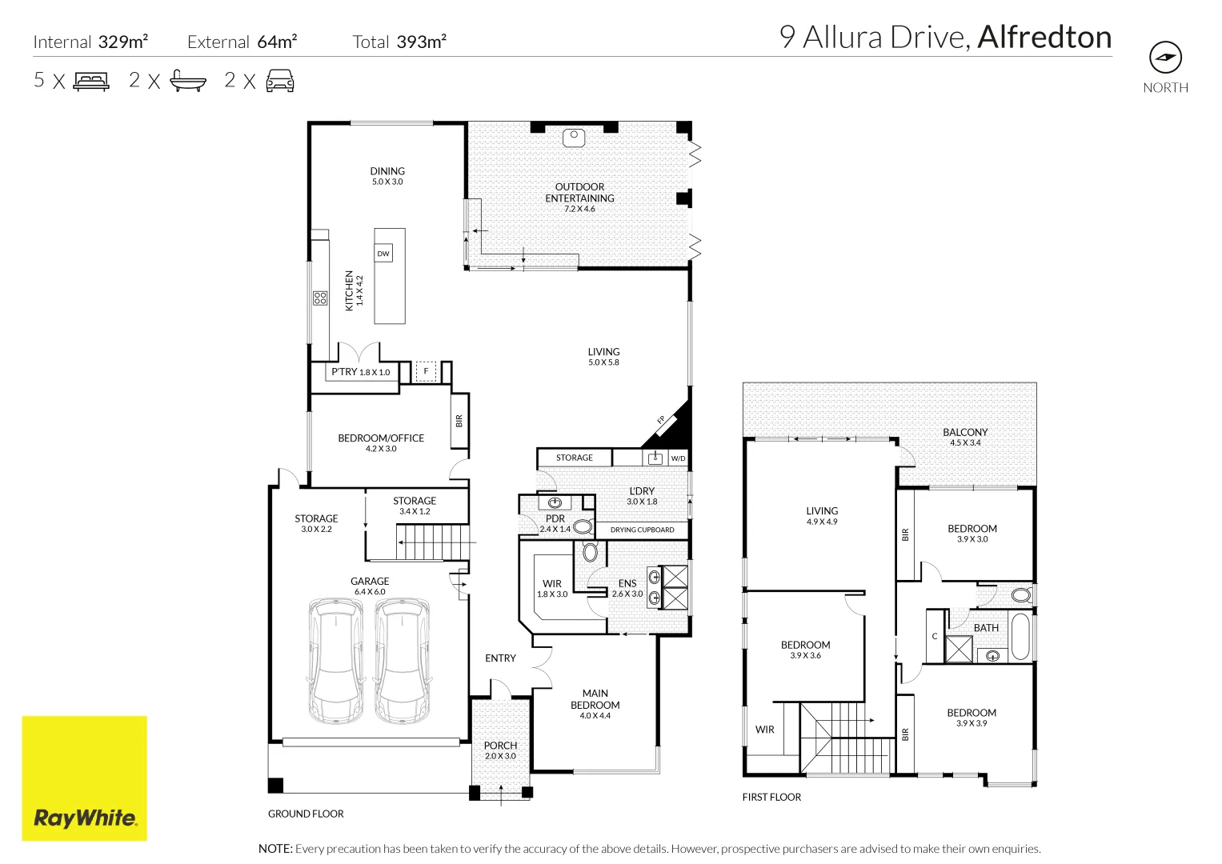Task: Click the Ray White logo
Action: click(85, 778)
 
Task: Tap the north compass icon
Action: click(1165, 58)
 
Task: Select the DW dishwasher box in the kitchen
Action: click(383, 253)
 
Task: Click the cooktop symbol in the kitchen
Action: click(320, 298)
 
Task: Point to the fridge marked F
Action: click(426, 371)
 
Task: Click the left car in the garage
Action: click(335, 661)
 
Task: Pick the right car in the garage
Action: click(402, 661)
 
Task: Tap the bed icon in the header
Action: click(91, 82)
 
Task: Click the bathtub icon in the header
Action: click(188, 81)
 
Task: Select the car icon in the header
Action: click(280, 81)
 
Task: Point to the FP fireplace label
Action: click(661, 419)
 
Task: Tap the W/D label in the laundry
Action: click(678, 458)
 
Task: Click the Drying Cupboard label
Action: click(642, 530)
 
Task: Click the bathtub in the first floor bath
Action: click(1020, 637)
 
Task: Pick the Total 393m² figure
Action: click(399, 42)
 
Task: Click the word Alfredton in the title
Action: click(1044, 37)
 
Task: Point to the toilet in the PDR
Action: click(583, 526)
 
